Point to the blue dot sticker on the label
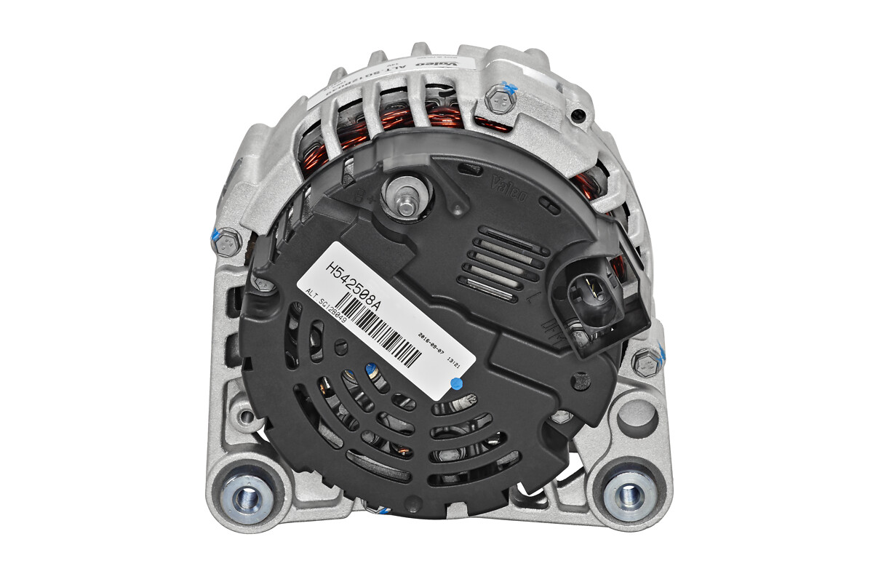click(457, 382)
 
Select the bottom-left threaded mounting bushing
click(247, 497)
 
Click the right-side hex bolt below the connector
click(645, 361)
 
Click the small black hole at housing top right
click(578, 115)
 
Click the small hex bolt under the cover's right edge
click(562, 417)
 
